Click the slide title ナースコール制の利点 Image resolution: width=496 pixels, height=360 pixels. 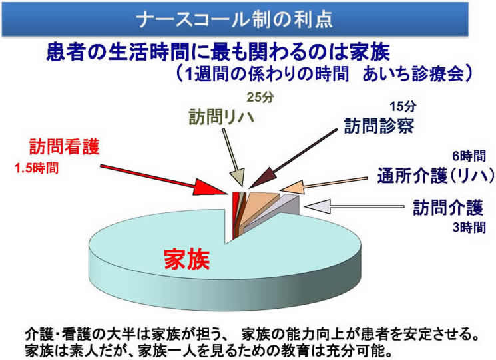[235, 19]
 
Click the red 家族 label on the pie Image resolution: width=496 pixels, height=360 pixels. [187, 259]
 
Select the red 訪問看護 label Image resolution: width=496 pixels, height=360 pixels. [65, 146]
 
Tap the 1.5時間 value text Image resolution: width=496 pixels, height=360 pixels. [37, 168]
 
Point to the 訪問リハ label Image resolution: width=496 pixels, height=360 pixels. [222, 117]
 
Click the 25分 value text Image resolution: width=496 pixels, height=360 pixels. [260, 98]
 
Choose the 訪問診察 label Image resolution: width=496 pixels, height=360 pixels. [379, 126]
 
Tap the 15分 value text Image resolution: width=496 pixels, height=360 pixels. [402, 106]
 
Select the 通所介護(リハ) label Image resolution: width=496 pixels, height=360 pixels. [436, 176]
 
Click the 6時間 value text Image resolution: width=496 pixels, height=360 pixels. [469, 156]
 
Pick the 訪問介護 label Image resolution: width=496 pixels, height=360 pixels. [448, 208]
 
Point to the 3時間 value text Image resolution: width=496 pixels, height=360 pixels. [469, 227]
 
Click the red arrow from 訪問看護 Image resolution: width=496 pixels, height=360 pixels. [164, 179]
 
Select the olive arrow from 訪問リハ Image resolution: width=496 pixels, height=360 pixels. [233, 158]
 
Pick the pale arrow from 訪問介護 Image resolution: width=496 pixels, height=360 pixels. [354, 207]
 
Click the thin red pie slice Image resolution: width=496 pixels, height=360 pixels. [235, 215]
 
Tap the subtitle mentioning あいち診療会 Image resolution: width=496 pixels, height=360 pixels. [324, 75]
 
